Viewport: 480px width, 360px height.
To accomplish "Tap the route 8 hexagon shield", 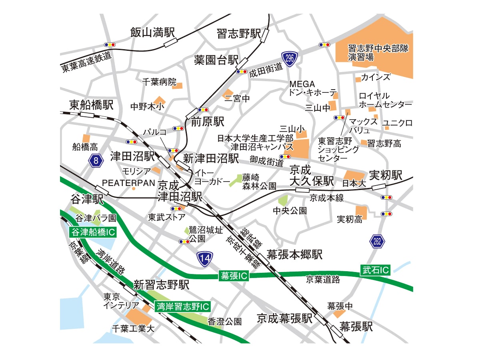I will (96, 161).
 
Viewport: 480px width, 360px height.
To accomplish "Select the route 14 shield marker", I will (205, 259).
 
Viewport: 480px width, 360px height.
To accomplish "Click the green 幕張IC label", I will (234, 276).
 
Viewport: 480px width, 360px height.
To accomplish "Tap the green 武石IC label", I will (375, 270).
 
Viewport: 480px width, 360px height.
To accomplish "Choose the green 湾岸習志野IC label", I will (182, 307).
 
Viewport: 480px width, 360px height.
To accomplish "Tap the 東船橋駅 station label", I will (92, 105).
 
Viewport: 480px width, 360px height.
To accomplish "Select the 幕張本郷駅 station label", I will (294, 255).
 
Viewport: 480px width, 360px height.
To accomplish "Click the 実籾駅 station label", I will (385, 175).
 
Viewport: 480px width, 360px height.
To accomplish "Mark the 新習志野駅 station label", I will (161, 285).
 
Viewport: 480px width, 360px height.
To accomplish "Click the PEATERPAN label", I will (128, 183).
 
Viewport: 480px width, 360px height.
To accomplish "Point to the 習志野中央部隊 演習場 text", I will (372, 52).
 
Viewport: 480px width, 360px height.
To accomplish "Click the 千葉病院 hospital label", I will (159, 82).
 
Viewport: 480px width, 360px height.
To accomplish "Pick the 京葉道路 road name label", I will (323, 280).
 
